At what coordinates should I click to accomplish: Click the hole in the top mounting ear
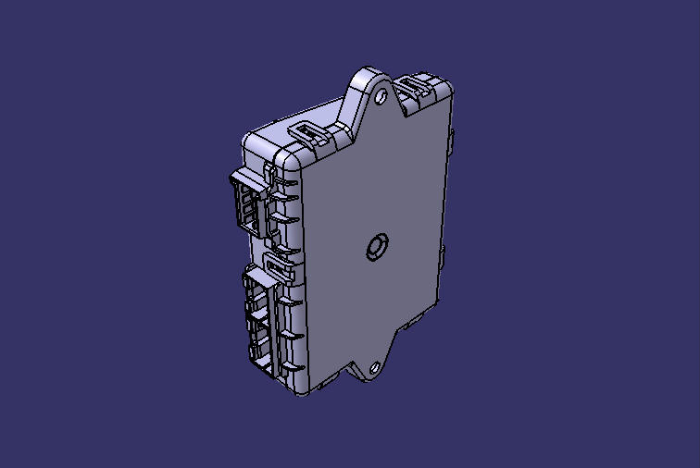[381, 93]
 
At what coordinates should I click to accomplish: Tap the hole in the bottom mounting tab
[375, 368]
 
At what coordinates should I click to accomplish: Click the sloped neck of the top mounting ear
[355, 104]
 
